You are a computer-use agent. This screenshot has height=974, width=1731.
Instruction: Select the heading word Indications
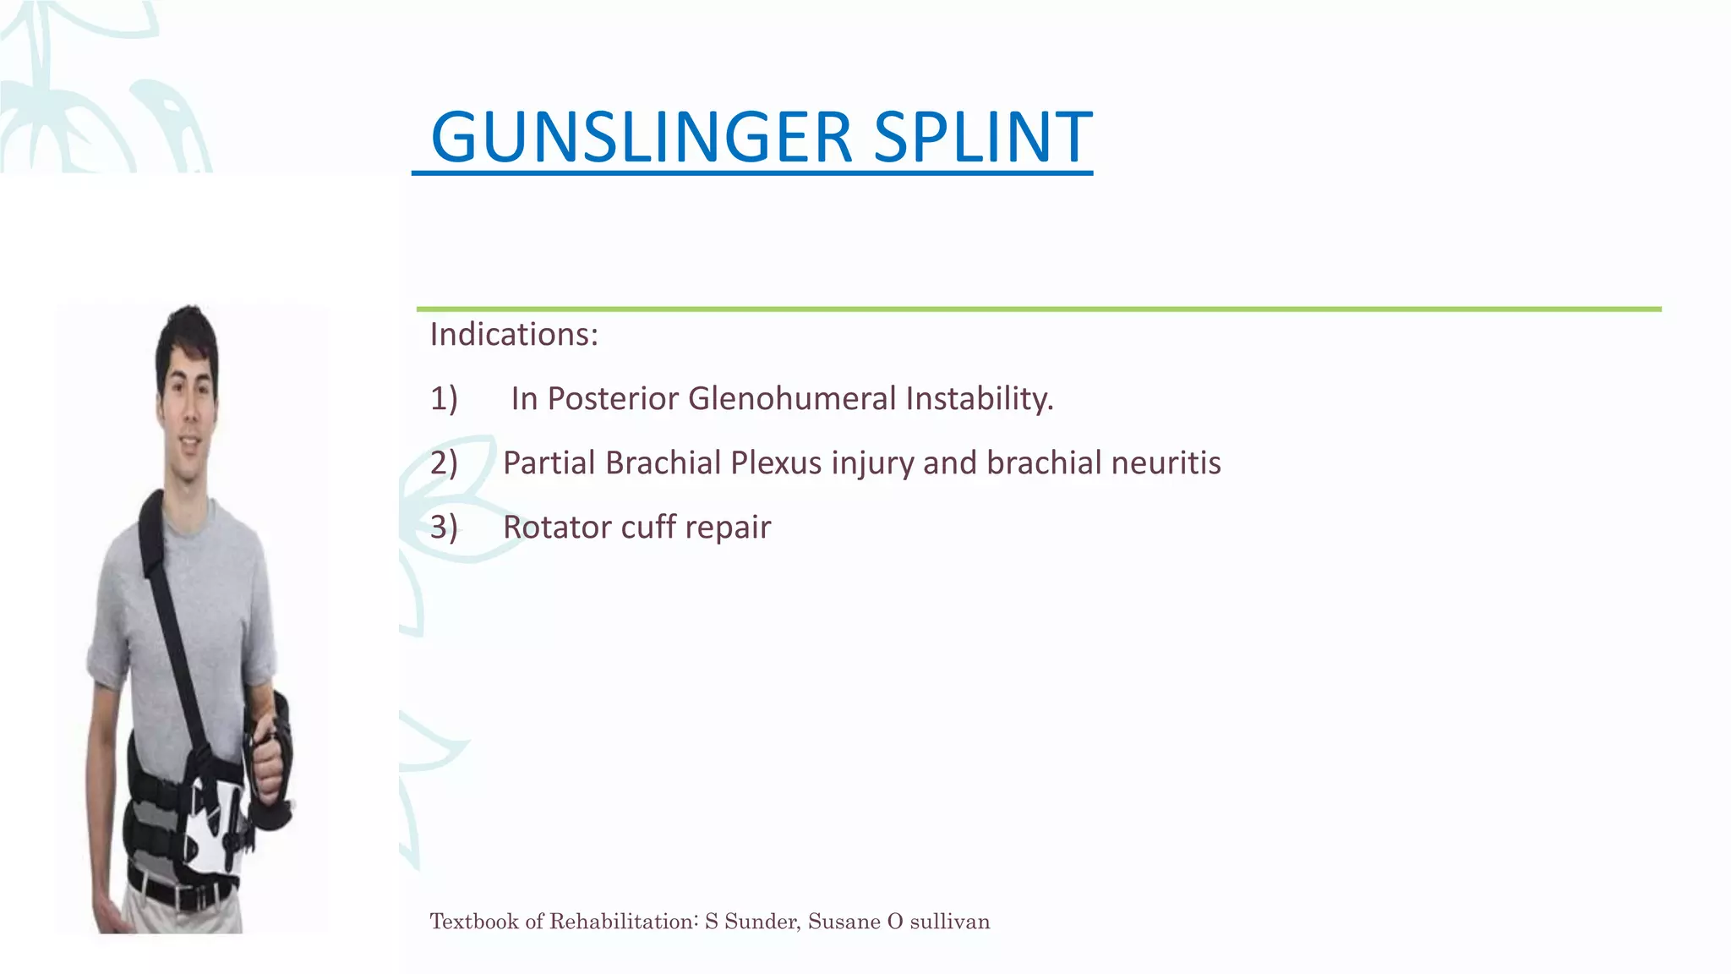coord(513,335)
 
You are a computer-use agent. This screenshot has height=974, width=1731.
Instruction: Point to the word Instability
coord(980,398)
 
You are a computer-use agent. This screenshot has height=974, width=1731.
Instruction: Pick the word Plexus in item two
coord(776,463)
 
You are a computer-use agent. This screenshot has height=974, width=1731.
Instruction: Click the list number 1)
coord(444,398)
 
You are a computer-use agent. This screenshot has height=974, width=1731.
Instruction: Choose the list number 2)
coord(444,463)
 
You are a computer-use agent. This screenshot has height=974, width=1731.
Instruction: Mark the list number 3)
coord(444,528)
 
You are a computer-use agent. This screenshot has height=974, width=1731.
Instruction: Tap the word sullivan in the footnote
coord(949,921)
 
